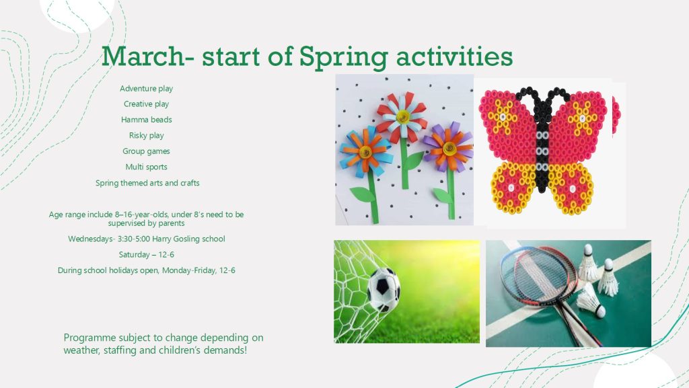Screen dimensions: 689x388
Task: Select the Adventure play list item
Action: point(146,89)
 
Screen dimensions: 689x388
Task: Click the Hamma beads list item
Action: point(146,120)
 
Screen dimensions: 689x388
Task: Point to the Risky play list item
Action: point(146,136)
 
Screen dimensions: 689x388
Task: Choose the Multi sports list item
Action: point(146,167)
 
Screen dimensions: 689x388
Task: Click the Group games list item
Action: point(146,151)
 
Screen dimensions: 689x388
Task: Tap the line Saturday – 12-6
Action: point(146,255)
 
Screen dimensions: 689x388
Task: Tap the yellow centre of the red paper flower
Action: point(402,117)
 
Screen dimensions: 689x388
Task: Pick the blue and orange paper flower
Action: point(365,152)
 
